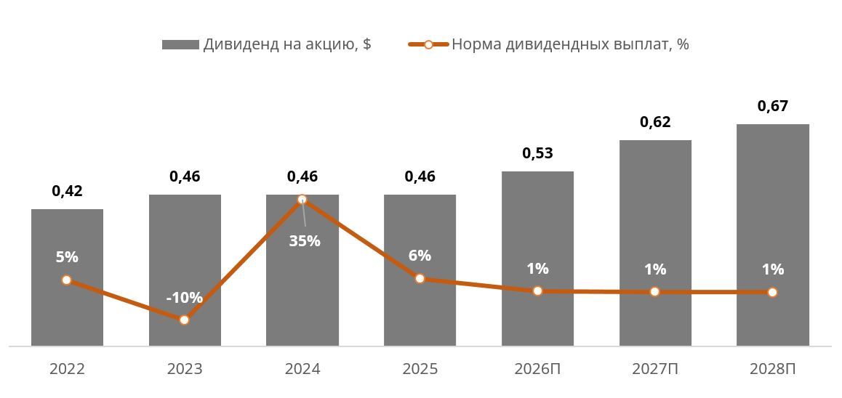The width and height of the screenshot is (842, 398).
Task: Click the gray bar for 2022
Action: pos(67,277)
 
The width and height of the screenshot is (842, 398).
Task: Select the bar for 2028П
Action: pos(773,235)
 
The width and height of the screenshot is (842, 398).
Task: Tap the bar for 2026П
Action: pos(537,259)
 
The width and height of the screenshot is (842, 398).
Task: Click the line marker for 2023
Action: pos(184,320)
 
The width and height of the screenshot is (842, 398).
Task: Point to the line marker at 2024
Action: pos(302,200)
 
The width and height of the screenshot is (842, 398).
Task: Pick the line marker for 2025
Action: pos(420,278)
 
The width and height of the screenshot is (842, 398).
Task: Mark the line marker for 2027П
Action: pos(654,291)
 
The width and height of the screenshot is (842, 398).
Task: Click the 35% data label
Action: pos(305,241)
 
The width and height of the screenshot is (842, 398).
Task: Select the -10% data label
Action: pos(184,297)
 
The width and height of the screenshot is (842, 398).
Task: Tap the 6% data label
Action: pos(420,256)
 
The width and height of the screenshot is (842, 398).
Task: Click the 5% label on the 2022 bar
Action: pos(67,257)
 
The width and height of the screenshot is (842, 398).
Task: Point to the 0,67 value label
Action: pos(773,106)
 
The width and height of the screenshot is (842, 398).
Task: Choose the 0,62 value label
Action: pos(655,122)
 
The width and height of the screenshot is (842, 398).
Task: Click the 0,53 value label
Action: pos(537,153)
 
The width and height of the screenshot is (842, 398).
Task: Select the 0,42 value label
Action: pos(67,191)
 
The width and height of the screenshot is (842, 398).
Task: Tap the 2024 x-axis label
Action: pos(302,369)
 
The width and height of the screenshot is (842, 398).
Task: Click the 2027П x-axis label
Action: pos(655,369)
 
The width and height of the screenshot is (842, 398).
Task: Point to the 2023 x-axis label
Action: pos(185,369)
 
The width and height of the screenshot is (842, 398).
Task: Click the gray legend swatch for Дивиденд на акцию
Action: pos(180,44)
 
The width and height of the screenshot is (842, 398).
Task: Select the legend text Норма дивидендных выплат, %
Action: pos(570,44)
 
